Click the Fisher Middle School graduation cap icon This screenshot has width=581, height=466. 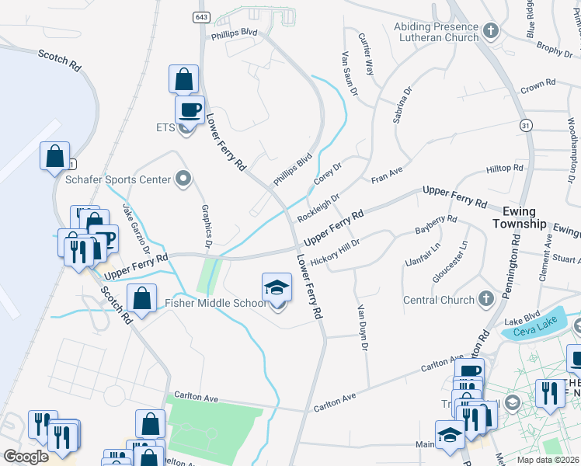[277, 288]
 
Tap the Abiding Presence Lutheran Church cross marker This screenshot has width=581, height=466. [490, 31]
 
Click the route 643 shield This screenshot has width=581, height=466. [203, 16]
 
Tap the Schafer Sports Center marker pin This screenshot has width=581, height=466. [183, 179]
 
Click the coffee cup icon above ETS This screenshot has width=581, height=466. [189, 110]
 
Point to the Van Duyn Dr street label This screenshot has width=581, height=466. [361, 326]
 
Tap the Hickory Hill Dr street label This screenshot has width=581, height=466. [335, 254]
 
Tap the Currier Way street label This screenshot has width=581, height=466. [366, 54]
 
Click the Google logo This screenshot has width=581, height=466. [26, 456]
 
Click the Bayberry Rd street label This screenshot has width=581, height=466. [436, 226]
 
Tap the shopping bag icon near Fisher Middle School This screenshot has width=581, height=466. [141, 299]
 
